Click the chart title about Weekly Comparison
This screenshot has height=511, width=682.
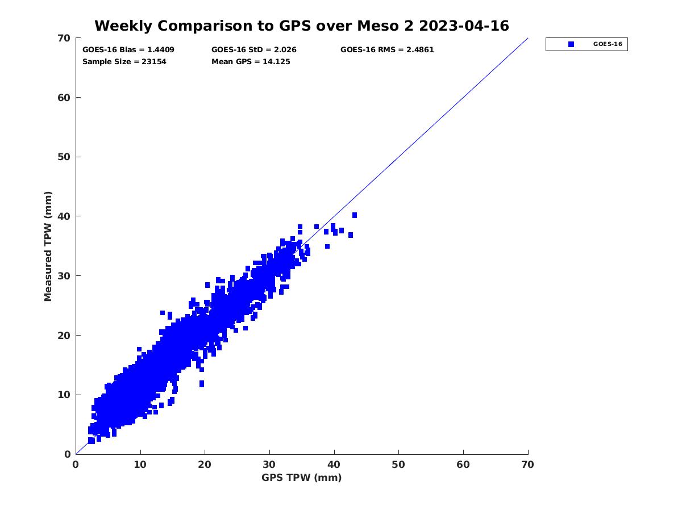coord(301,26)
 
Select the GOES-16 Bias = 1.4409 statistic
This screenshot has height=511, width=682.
coord(128,49)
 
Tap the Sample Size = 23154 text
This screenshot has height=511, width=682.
coord(124,61)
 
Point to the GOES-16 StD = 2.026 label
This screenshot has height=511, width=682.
coord(254,49)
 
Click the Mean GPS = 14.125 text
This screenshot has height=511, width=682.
coord(251,61)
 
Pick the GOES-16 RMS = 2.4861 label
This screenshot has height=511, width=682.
coord(387,49)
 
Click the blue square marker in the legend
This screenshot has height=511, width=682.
coord(571,44)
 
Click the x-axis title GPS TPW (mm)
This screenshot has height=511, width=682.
coord(302,478)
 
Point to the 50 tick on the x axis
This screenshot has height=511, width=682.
coord(399,465)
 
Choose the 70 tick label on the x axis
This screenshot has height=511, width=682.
coord(528,465)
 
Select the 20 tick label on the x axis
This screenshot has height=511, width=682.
coord(205,465)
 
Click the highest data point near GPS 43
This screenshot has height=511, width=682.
coord(355,215)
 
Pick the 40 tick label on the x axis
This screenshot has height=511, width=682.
coord(334,465)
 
